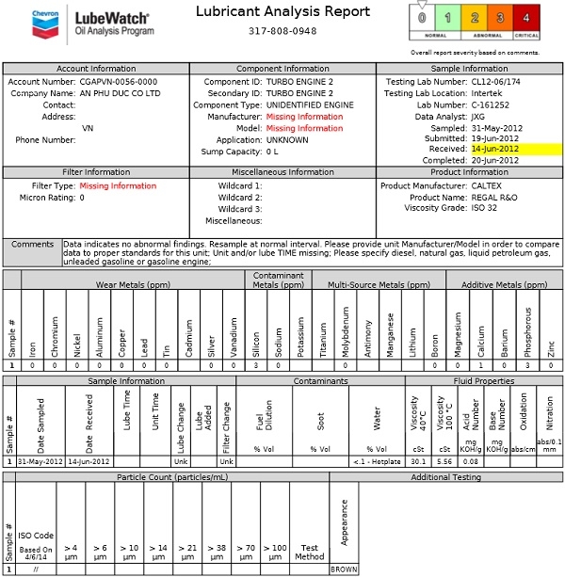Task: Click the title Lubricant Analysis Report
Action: (x=269, y=10)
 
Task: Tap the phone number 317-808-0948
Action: (x=269, y=30)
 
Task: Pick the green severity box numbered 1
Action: (x=450, y=18)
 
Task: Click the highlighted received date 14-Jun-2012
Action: (x=494, y=148)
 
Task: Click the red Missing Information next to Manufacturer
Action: (x=304, y=116)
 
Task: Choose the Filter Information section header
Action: (x=95, y=172)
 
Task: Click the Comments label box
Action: (x=32, y=244)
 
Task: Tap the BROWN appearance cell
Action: (x=344, y=569)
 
